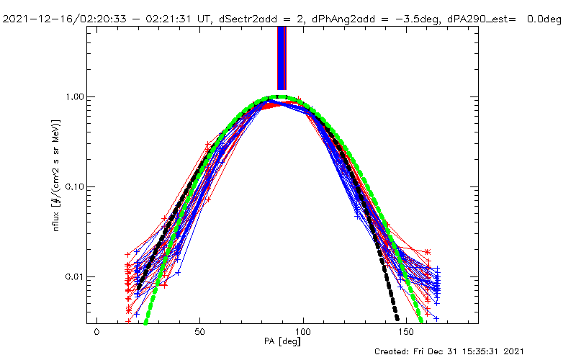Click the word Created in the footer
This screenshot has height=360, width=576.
(395, 352)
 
